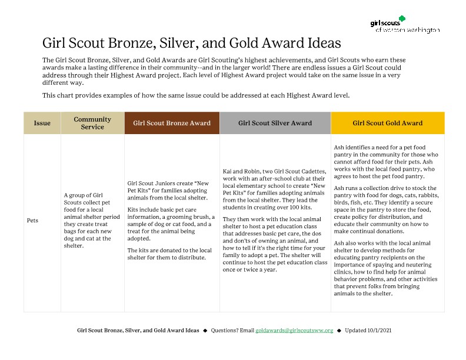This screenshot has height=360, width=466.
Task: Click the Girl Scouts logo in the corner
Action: click(x=405, y=25)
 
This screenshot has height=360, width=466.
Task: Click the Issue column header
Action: click(x=42, y=124)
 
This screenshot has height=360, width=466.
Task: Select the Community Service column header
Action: click(x=92, y=124)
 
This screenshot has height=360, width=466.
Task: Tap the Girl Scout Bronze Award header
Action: click(x=172, y=124)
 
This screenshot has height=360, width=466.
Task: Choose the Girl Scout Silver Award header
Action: click(x=275, y=124)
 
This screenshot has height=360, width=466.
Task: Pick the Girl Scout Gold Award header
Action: click(x=387, y=124)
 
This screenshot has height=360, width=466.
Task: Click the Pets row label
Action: click(x=32, y=221)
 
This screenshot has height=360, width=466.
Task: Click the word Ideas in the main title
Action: click(x=319, y=44)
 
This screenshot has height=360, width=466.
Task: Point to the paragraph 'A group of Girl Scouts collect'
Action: click(x=92, y=221)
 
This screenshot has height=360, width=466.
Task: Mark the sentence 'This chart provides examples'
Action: click(x=196, y=95)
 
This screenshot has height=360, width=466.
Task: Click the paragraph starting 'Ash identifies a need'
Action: click(x=387, y=162)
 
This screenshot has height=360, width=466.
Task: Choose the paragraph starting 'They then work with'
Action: click(x=275, y=244)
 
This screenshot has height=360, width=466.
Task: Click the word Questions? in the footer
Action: click(x=224, y=331)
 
